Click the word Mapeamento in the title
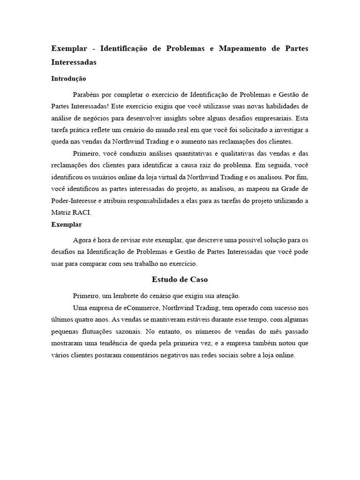click(x=229, y=49)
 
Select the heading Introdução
click(x=68, y=79)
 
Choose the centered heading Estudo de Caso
click(x=180, y=279)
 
